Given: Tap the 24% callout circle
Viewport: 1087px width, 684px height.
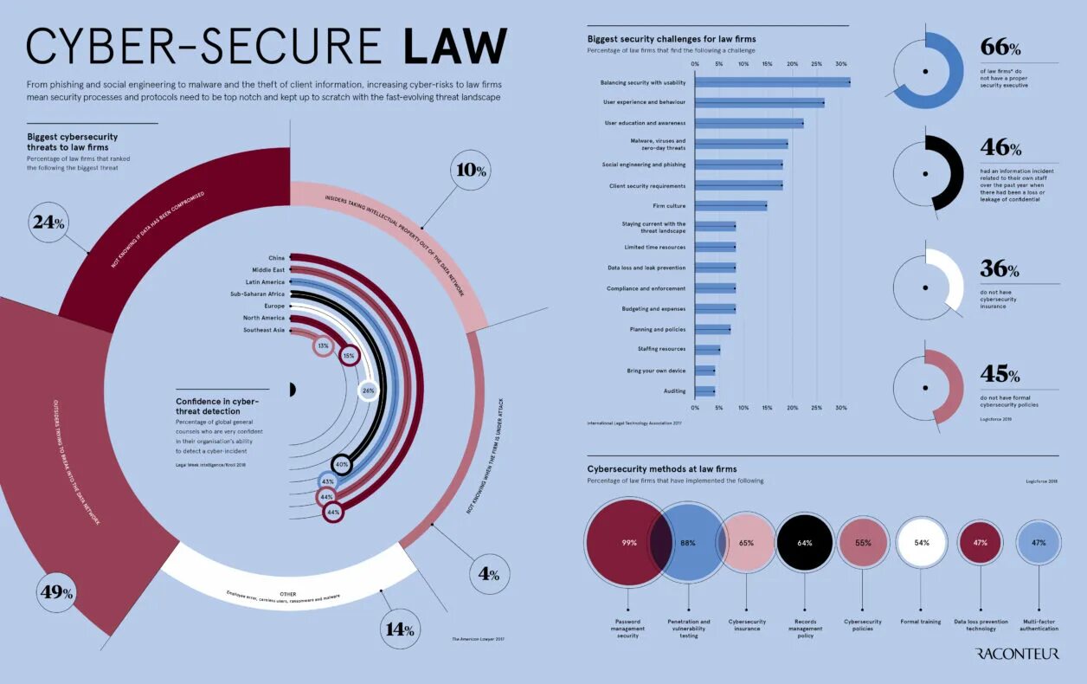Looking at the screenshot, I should coord(48,223).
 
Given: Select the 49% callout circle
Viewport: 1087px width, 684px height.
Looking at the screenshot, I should coord(56,593).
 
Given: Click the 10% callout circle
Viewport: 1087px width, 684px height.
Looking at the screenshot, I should coord(471,170).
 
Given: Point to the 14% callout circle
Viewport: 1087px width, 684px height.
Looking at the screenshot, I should coord(400,629).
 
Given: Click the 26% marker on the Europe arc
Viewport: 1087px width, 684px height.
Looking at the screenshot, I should coord(368,390).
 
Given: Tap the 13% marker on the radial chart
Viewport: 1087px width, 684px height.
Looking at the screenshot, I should coord(323,345).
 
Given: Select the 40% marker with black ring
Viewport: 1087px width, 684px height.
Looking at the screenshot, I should coord(342,464).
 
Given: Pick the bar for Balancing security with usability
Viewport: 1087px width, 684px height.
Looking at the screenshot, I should coord(772,82).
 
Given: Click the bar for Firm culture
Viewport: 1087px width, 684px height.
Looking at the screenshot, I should coord(730,206).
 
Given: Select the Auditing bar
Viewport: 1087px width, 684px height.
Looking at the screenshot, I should coord(704,391).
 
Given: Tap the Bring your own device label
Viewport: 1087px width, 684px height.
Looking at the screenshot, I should coord(656,371).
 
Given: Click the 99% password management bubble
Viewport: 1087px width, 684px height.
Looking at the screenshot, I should coord(629,543).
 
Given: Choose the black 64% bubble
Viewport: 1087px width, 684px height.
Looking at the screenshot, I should coord(804,543).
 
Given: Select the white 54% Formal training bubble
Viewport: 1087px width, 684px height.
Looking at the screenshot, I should coord(921,543).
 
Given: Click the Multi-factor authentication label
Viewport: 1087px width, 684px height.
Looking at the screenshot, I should coord(1039,626).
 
